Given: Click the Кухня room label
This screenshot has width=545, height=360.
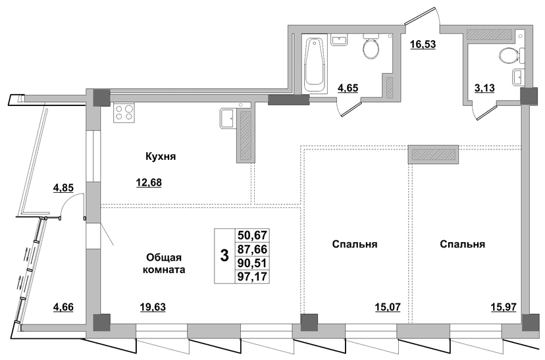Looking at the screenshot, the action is (161, 157).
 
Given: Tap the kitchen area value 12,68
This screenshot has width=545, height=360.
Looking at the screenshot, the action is (149, 182).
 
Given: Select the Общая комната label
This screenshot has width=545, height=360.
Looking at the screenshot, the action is (164, 263).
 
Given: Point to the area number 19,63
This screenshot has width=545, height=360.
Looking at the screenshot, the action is (153, 307).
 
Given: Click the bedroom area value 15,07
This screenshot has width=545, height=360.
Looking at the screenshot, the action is (388, 307).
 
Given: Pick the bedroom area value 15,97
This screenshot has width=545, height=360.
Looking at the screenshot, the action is (504, 307).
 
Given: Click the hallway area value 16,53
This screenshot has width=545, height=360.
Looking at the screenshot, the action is (423, 45).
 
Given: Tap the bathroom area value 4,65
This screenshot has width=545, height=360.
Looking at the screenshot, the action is (348, 88).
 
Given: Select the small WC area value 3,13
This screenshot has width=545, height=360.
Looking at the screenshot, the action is (485, 88).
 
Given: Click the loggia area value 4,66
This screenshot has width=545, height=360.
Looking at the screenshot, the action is (63, 307).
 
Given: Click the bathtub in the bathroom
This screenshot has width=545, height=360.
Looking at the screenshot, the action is (315, 64).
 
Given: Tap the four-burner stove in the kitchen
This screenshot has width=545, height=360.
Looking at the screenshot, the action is (123, 113).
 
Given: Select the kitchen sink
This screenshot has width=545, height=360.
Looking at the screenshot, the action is (228, 118).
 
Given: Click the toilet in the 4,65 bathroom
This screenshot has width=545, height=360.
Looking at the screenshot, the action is (371, 47).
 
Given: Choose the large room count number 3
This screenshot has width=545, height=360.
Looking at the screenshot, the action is (225, 256).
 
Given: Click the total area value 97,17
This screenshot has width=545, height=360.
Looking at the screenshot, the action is (252, 276).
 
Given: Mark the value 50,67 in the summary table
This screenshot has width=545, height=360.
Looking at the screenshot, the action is (252, 235).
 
